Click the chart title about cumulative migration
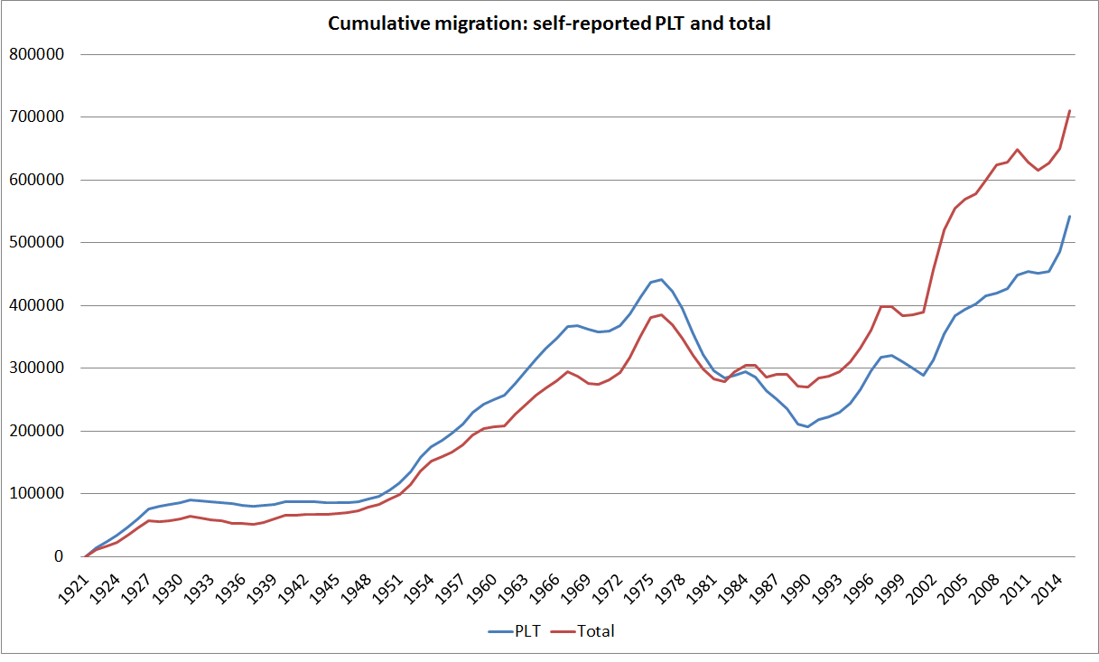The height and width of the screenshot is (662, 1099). [x=549, y=24]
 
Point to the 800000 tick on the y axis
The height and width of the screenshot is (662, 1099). [x=35, y=54]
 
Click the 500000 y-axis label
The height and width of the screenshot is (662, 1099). [x=35, y=243]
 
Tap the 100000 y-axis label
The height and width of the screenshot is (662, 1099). [x=35, y=494]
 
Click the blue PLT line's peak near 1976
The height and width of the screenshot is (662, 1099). [x=661, y=280]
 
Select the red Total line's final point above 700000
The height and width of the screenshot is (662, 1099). [x=1069, y=111]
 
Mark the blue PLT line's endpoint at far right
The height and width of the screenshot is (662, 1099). [x=1069, y=217]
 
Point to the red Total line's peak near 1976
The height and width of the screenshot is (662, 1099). [x=661, y=315]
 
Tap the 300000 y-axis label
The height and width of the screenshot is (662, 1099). [x=35, y=368]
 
